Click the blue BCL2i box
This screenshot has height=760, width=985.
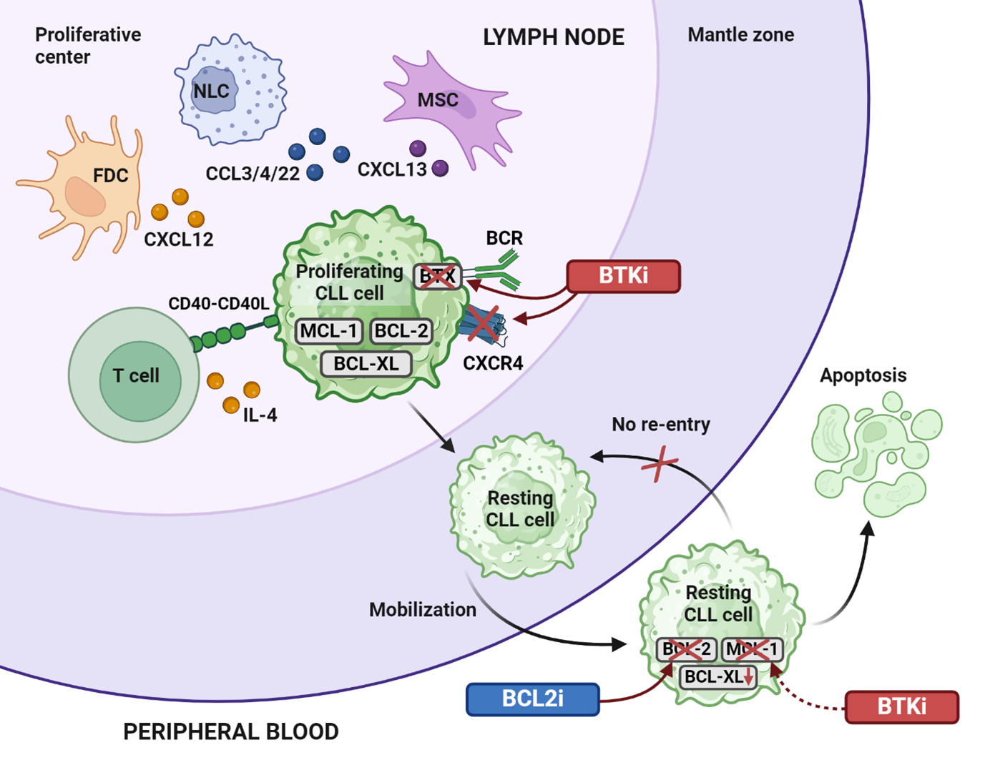click(532, 699)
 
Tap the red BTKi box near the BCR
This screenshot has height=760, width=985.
click(623, 276)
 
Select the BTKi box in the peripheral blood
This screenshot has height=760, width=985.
click(901, 706)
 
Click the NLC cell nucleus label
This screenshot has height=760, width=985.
click(211, 92)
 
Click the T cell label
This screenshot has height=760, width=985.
click(136, 375)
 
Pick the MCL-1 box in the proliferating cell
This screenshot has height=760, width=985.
click(328, 331)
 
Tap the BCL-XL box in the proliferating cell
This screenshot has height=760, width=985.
click(366, 363)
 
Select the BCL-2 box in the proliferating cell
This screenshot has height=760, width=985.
click(401, 331)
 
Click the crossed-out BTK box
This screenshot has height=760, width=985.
click(437, 276)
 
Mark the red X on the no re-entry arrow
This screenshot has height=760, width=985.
click(660, 464)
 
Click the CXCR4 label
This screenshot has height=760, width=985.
click(492, 363)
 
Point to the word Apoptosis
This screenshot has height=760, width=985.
click(863, 375)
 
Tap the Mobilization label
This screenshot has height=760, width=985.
click(422, 610)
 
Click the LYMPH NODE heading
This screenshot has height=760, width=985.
click(553, 37)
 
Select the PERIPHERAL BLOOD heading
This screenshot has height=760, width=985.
click(230, 731)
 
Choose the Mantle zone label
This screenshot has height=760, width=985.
click(740, 35)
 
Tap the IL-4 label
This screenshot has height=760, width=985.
click(260, 415)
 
